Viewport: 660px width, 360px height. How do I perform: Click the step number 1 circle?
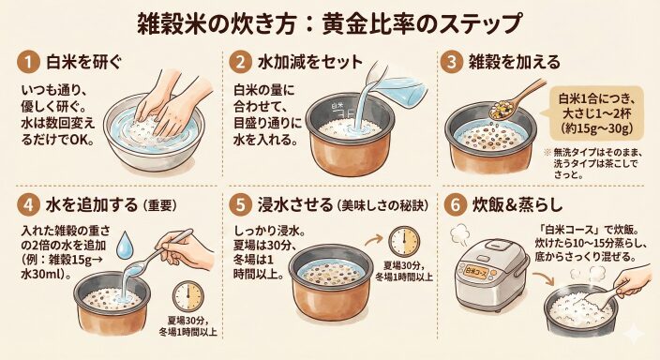pos(28,63)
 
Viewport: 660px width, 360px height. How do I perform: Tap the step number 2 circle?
pos(240,63)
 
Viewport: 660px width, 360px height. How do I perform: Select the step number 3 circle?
pos(452,63)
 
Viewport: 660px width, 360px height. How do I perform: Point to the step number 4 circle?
pos(28,205)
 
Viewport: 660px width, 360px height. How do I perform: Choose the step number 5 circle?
pos(240,205)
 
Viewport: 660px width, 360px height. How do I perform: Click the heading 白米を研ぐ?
pos(83,63)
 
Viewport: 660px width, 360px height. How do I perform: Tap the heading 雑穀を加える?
pos(515,62)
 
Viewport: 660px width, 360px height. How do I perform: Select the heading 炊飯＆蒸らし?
pos(517,205)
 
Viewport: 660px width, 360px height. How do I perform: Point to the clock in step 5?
pos(404,242)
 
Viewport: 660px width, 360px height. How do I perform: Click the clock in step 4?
pos(188,296)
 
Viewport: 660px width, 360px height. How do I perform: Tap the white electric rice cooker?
pos(491,276)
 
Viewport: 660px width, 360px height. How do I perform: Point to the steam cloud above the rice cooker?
pos(461,234)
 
